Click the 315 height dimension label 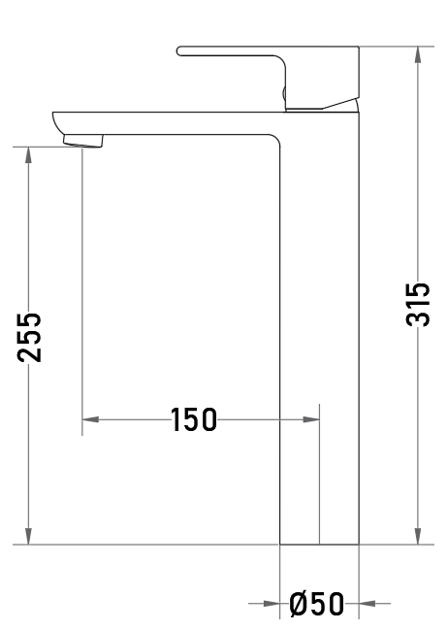[x=418, y=304]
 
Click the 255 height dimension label [x=29, y=337]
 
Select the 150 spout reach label [x=193, y=419]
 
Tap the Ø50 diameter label [x=317, y=604]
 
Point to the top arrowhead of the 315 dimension [x=418, y=54]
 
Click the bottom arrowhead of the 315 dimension [x=418, y=536]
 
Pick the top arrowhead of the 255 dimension [x=28, y=155]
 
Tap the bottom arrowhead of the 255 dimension [x=28, y=536]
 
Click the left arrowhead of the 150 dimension [x=90, y=419]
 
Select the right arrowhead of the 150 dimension [x=311, y=419]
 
